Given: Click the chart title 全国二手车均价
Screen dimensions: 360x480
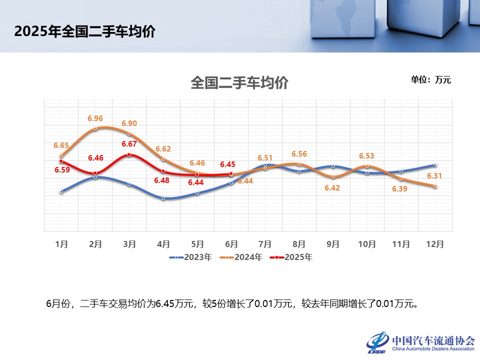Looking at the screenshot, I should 239,83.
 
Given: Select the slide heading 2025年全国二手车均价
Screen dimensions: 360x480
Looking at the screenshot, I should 84,31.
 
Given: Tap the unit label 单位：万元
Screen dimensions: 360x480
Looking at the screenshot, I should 430,79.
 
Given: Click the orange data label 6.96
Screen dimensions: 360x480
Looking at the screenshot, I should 95,118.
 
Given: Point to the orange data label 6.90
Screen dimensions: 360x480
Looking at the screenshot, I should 129,123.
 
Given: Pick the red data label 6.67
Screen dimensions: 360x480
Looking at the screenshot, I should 129,144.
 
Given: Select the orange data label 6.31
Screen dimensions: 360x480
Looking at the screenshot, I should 434,176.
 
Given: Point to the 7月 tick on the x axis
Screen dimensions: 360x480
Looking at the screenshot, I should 265,244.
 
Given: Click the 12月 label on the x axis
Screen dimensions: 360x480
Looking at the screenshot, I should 434,244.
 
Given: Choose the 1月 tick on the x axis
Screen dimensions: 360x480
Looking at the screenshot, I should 61,244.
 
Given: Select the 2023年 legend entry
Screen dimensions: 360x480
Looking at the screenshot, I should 191,257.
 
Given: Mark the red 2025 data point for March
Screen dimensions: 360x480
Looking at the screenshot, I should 129,154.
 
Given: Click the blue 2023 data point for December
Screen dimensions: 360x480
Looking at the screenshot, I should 435,165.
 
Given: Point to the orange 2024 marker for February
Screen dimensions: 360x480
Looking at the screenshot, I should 95,129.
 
